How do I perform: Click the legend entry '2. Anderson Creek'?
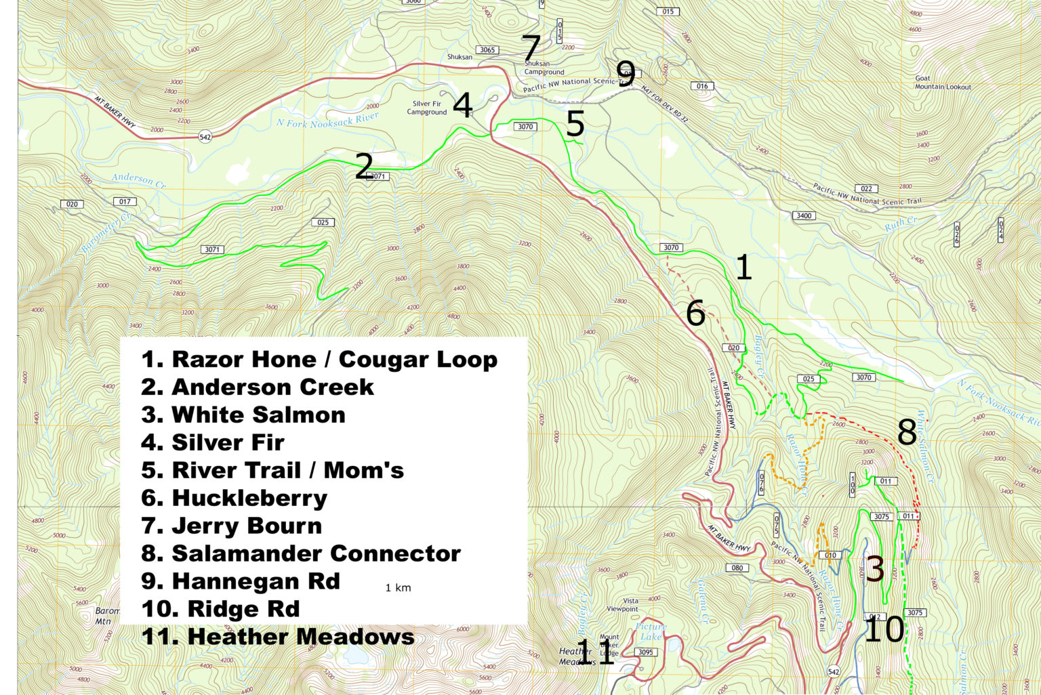pyautogui.click(x=258, y=387)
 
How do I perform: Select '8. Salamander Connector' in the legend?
pyautogui.click(x=301, y=553)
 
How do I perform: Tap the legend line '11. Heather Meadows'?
pyautogui.click(x=278, y=637)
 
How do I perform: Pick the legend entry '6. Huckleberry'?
pyautogui.click(x=234, y=498)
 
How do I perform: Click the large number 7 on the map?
pyautogui.click(x=531, y=49)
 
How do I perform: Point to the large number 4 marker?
pyautogui.click(x=462, y=105)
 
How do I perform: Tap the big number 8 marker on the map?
pyautogui.click(x=907, y=431)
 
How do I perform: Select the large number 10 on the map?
pyautogui.click(x=884, y=630)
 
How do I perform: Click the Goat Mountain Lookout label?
pyautogui.click(x=942, y=83)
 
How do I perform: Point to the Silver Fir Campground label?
pyautogui.click(x=427, y=108)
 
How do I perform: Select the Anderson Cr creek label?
pyautogui.click(x=138, y=180)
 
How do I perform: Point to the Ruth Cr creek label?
pyautogui.click(x=901, y=224)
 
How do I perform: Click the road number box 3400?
pyautogui.click(x=803, y=216)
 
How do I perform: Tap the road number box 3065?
pyautogui.click(x=487, y=50)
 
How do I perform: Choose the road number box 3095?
pyautogui.click(x=645, y=652)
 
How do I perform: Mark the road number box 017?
pyautogui.click(x=125, y=202)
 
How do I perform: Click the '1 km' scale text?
pyautogui.click(x=398, y=588)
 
